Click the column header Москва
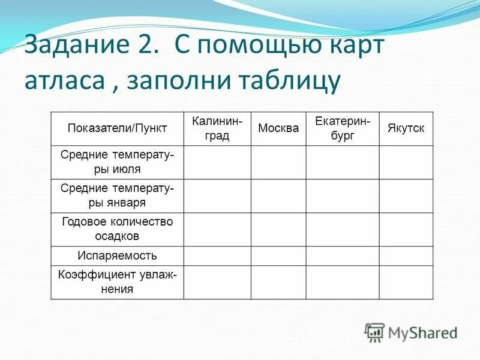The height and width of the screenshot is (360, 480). pos(278,128)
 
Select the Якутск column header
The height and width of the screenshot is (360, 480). pos(406,128)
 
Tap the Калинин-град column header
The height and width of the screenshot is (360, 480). pos(217,128)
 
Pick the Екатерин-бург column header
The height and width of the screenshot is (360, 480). pos(343,128)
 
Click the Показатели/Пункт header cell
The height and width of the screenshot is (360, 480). pos(118,128)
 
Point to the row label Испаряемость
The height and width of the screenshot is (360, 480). pos(118,256)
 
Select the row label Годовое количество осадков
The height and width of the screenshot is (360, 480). pos(118,229)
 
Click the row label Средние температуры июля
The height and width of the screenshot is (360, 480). pos(118,162)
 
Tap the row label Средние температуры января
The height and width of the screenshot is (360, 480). pos(118,196)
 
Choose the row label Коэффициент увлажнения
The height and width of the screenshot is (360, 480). pos(118,282)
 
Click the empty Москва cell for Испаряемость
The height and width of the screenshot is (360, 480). pos(278,256)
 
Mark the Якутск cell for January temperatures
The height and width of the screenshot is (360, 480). pos(406,196)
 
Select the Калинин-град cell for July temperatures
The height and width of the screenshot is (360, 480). pos(217,162)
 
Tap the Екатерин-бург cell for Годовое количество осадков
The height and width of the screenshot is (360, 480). pos(343,229)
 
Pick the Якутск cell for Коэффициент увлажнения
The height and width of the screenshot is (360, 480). pos(406,282)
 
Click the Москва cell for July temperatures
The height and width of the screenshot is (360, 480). pos(278,162)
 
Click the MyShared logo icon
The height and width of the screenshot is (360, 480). pos(374,332)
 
